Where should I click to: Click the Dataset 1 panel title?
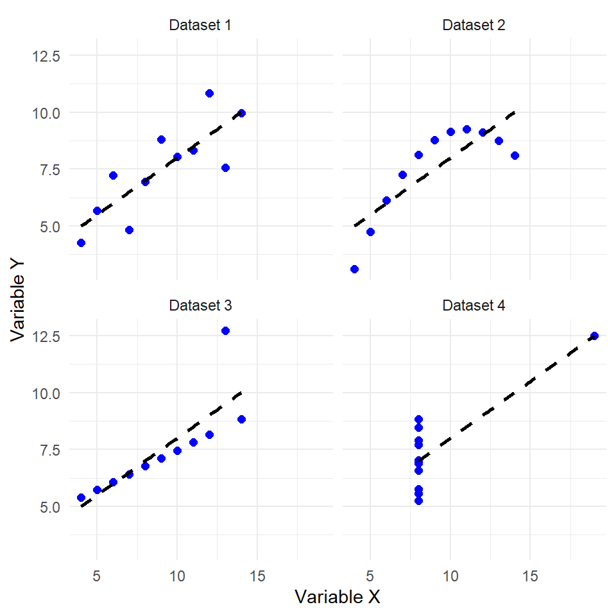pos(200,26)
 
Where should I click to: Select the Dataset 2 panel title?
pos(474,26)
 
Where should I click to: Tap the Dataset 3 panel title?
pos(200,305)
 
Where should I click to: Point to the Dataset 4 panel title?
pos(474,305)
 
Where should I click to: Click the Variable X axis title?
pos(338,597)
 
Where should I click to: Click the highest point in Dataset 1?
pos(209,93)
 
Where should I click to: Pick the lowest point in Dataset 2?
pos(354,269)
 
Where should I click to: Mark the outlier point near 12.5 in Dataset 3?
pos(225,330)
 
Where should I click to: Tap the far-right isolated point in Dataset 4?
pos(594,336)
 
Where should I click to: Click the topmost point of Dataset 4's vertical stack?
pos(418,419)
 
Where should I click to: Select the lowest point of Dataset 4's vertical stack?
pos(418,501)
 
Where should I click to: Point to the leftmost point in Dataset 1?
pos(81,243)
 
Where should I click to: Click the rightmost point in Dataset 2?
pos(515,155)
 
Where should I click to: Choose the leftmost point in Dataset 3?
pos(81,497)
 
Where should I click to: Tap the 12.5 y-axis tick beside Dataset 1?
pos(46,56)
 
